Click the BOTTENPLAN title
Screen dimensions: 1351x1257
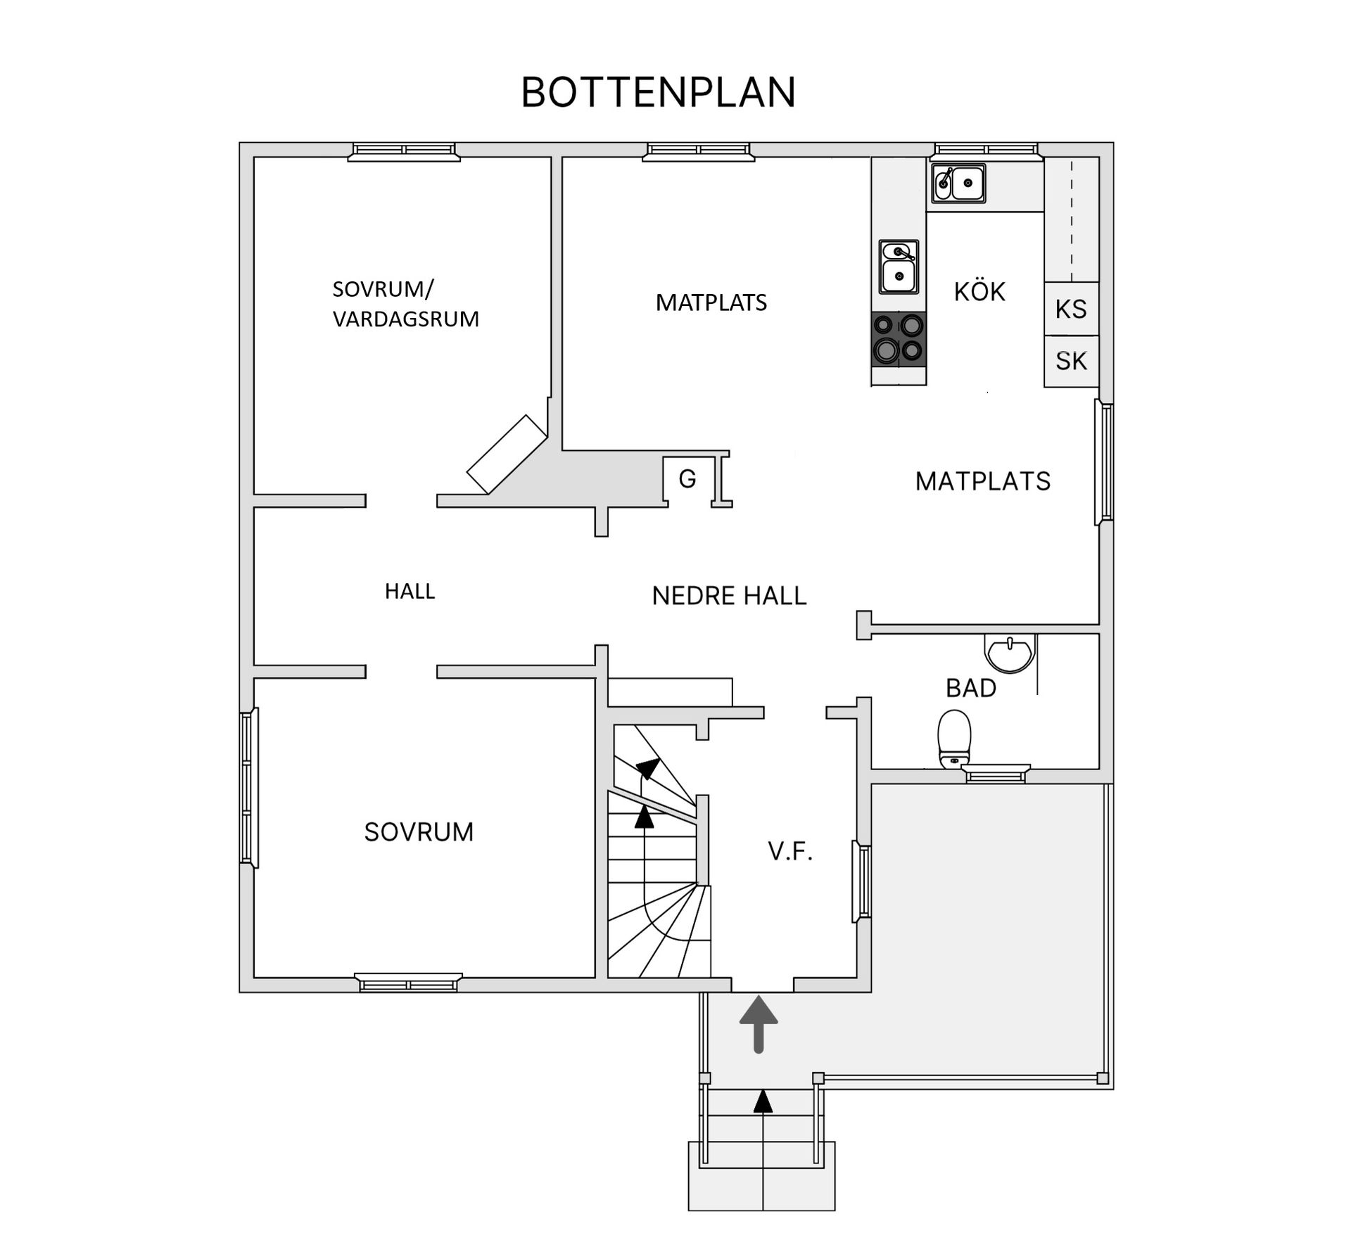tap(658, 92)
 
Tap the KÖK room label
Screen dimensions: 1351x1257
tap(979, 291)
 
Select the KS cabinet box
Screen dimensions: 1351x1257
tap(1071, 309)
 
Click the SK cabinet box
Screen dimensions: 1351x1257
tap(1071, 361)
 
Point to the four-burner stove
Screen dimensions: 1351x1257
tap(899, 340)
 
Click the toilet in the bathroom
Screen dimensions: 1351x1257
tap(954, 739)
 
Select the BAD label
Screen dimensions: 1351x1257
tap(971, 688)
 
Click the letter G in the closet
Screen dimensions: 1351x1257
tap(687, 479)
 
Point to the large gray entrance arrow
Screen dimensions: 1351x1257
tap(759, 1023)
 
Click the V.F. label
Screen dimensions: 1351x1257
tap(790, 852)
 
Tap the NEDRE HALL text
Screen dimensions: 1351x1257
tap(729, 596)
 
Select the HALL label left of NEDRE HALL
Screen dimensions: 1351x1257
tap(410, 591)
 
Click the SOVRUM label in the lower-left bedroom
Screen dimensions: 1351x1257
tap(419, 832)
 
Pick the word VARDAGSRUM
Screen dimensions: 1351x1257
tap(406, 319)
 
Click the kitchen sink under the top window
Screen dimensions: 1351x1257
tap(958, 184)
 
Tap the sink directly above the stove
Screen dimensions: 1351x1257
tap(899, 267)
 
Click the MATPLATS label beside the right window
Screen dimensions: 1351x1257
tap(983, 481)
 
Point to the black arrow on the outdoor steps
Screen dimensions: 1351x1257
tap(763, 1101)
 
